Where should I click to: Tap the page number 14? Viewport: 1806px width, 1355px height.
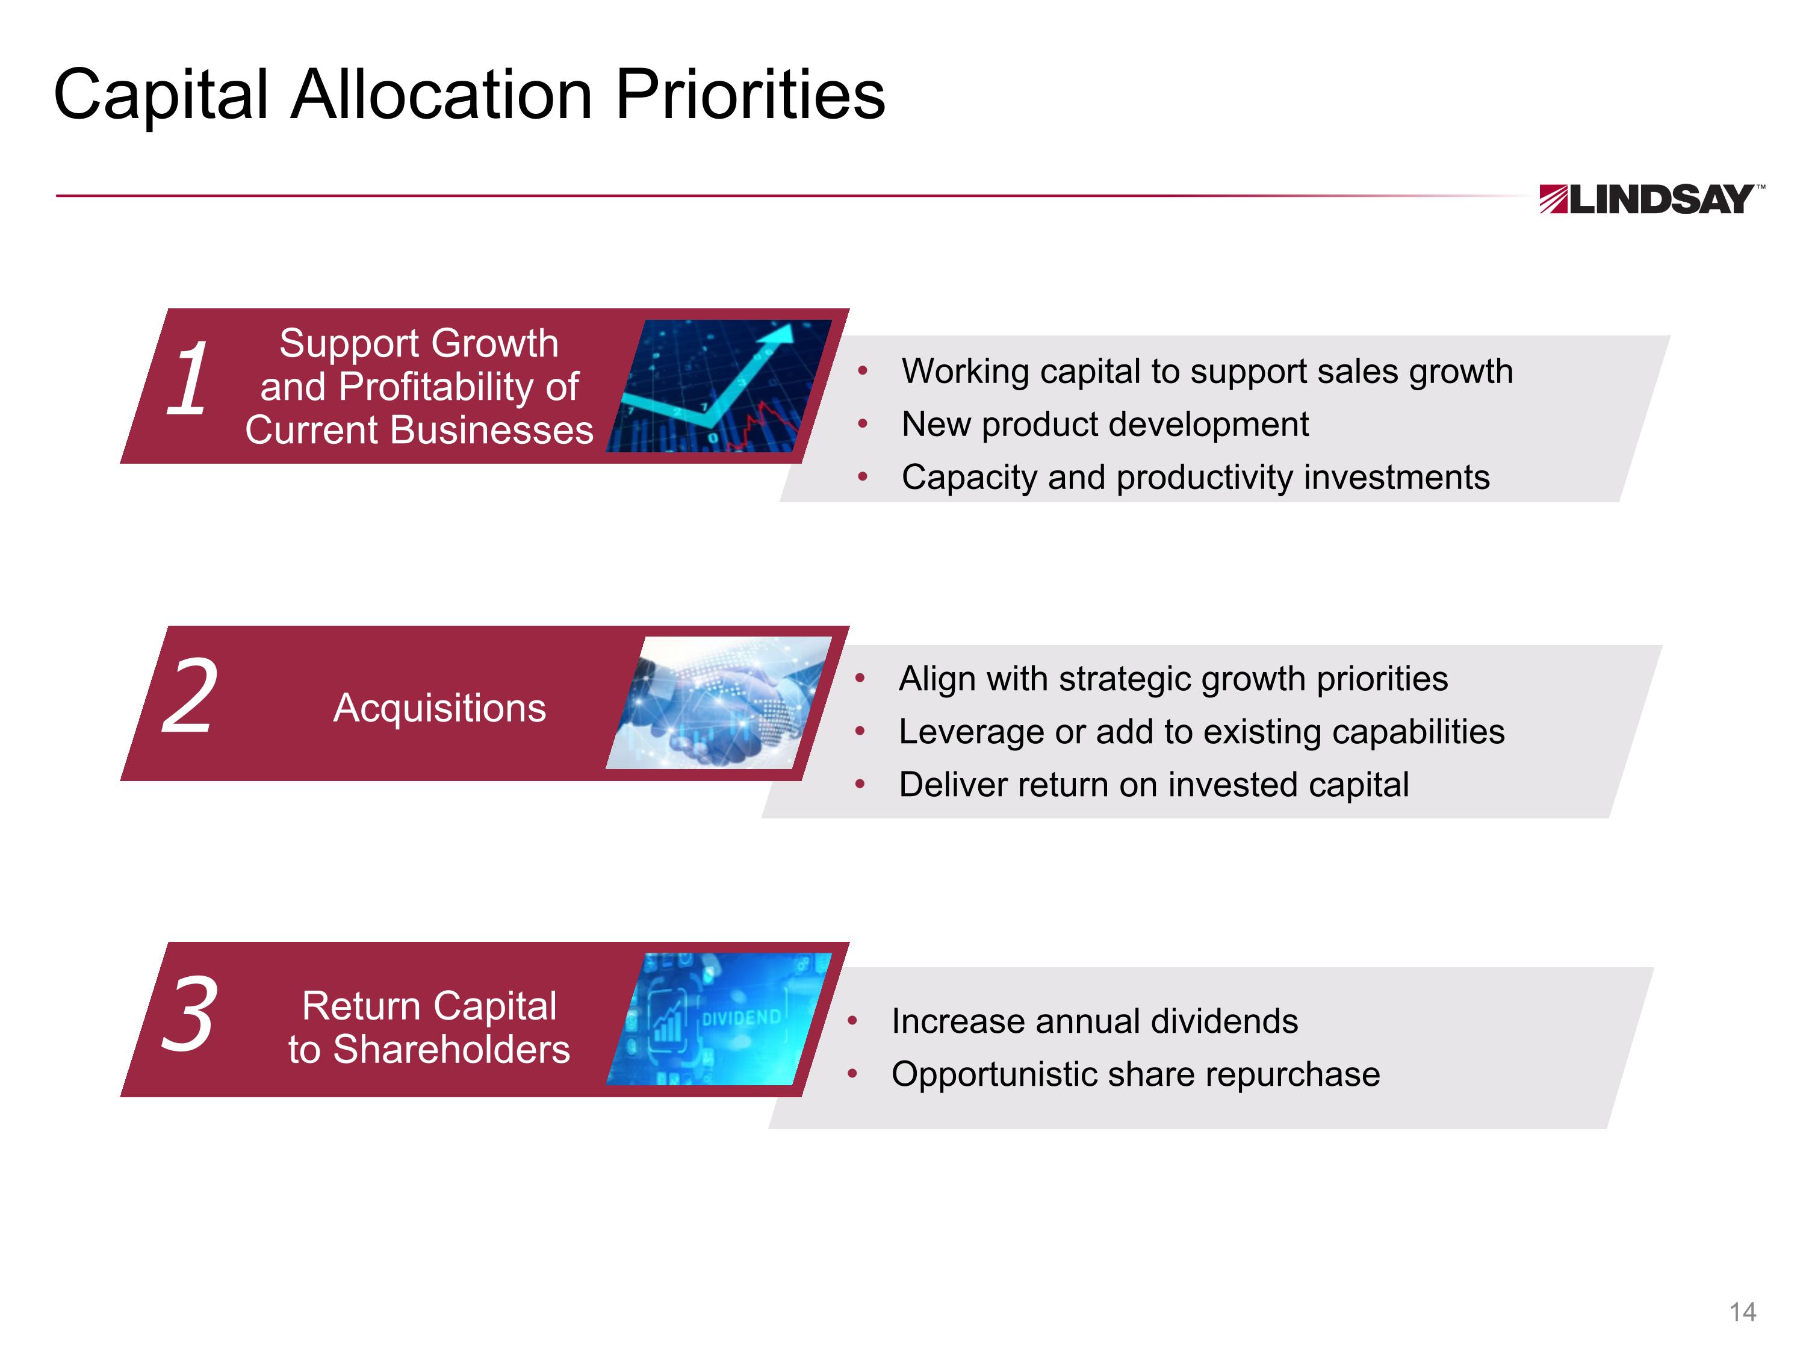1742,1312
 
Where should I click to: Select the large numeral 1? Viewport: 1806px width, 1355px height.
187,379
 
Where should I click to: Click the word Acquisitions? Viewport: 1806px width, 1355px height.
439,708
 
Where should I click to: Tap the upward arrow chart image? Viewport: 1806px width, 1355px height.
718,385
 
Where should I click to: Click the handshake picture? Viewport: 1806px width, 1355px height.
718,702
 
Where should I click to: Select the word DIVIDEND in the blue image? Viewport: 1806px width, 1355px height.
740,1018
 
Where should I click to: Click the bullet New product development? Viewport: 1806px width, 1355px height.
1104,425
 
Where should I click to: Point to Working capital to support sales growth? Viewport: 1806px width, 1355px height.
1207,372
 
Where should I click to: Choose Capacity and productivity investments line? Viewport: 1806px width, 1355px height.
1196,478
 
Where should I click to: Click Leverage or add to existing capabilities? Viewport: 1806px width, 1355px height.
1201,732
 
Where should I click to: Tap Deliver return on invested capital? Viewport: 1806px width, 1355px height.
1153,785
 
